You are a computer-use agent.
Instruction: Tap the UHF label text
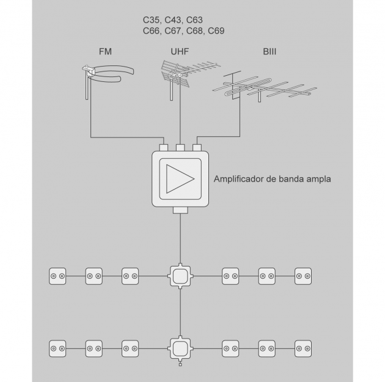coord(180,52)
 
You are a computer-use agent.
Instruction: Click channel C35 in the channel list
coord(152,20)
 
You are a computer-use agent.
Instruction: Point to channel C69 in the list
coord(216,30)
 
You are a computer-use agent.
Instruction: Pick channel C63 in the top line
coord(195,20)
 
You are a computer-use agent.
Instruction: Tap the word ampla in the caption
coord(318,180)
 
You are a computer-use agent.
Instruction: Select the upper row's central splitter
coord(180,276)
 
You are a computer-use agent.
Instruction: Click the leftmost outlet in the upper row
coord(57,276)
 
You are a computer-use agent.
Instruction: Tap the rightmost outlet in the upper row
coord(303,276)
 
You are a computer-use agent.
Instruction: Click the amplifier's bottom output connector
coord(180,211)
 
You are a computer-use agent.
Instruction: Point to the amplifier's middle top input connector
coord(180,147)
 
